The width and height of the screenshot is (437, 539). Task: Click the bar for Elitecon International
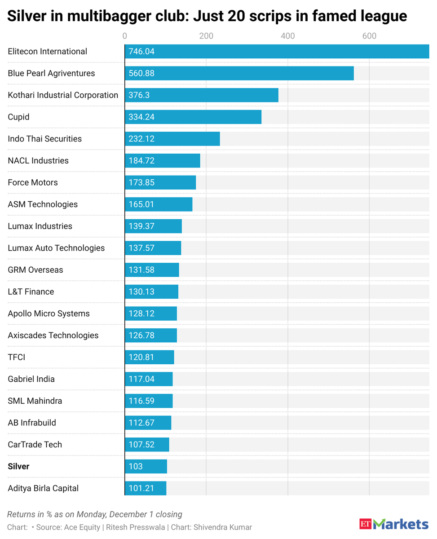click(x=277, y=52)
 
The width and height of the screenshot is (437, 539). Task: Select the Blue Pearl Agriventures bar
click(x=239, y=73)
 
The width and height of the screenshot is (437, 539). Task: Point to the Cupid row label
click(x=18, y=117)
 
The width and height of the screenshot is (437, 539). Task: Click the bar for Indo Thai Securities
click(x=172, y=139)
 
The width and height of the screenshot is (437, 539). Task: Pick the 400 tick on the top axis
click(x=287, y=36)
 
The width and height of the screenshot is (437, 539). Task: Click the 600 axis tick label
click(x=369, y=36)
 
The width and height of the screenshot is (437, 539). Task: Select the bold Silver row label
click(x=18, y=466)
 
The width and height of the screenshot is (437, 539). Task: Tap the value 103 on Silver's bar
click(x=136, y=466)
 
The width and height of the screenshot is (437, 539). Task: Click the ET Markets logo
click(x=393, y=524)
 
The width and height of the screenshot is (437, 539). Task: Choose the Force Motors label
click(x=33, y=182)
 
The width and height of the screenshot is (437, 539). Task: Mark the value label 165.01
click(x=141, y=204)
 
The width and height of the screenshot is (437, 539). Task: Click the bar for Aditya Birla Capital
click(x=146, y=488)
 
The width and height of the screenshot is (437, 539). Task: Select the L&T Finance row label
click(x=31, y=292)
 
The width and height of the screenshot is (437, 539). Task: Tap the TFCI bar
click(x=149, y=357)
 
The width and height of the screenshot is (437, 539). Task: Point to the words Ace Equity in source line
click(x=83, y=527)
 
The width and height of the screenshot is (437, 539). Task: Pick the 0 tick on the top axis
click(x=124, y=36)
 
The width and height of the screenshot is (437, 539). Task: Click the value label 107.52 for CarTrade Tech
click(x=141, y=445)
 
